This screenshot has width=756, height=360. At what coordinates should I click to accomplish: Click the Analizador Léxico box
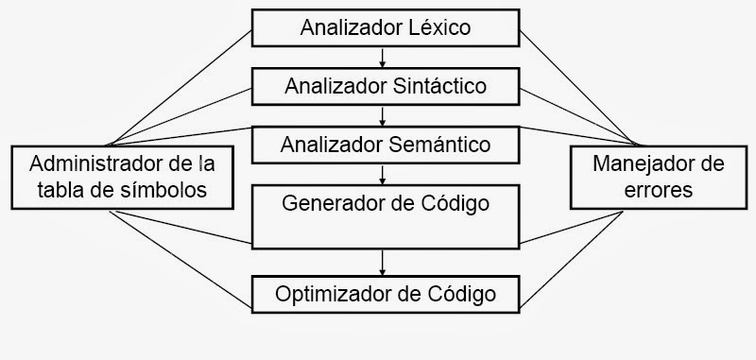tap(385, 27)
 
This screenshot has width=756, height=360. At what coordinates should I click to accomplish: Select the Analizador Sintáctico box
tap(385, 86)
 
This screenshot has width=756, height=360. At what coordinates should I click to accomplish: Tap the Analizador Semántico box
tap(385, 145)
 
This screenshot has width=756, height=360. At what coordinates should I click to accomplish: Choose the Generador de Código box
tap(385, 216)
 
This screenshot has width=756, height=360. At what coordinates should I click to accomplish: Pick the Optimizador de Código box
tap(385, 294)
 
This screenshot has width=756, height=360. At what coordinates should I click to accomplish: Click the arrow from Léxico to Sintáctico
tap(383, 57)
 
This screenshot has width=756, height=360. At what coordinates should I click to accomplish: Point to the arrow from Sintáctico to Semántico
tap(383, 115)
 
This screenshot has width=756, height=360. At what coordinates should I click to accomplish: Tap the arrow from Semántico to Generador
tap(383, 174)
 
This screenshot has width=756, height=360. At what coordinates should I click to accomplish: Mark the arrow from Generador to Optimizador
tap(383, 260)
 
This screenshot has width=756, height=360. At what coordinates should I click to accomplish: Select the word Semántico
tap(442, 145)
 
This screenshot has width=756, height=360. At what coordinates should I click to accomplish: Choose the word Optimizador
tap(326, 294)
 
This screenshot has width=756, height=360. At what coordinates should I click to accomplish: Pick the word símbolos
tap(171, 189)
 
